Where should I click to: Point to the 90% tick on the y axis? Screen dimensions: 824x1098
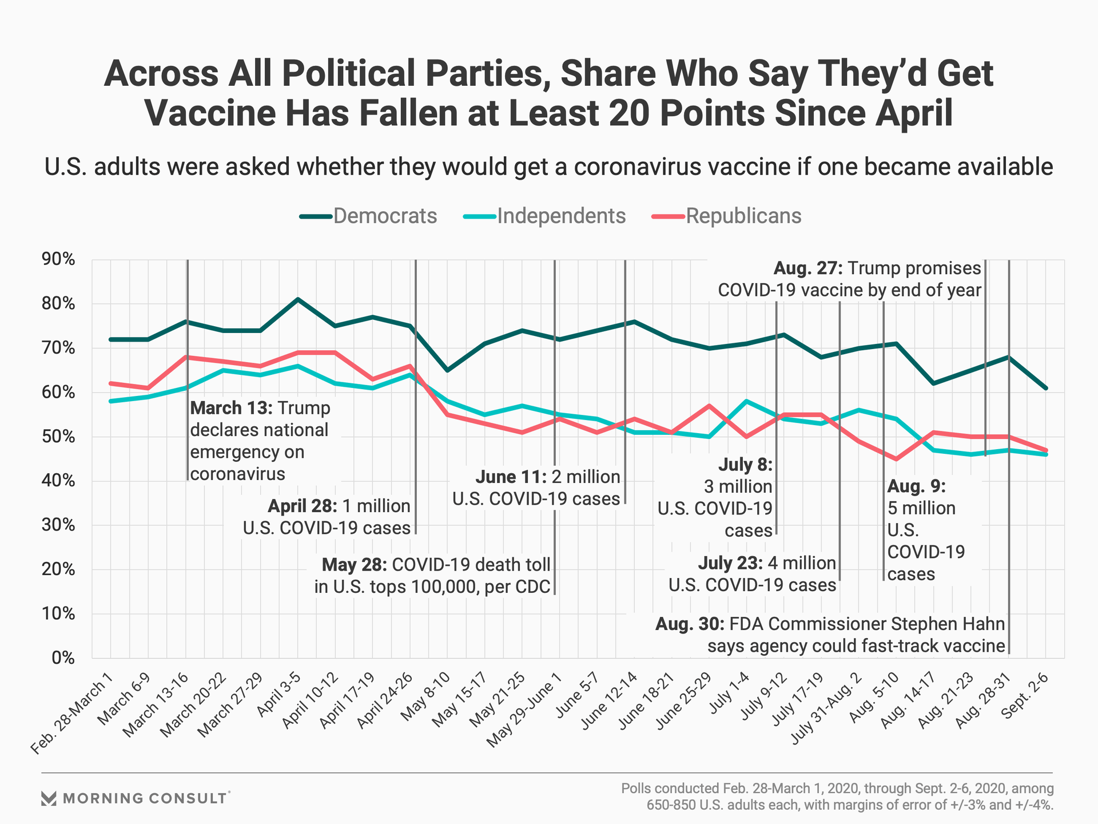tap(58, 260)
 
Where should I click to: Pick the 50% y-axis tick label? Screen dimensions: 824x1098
tap(58, 437)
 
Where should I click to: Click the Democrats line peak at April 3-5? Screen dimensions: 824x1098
tap(298, 299)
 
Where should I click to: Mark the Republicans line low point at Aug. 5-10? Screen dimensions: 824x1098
tap(896, 459)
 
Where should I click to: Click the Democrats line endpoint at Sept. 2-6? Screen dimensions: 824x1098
tap(1046, 388)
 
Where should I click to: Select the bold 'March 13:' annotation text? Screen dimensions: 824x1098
tap(232, 408)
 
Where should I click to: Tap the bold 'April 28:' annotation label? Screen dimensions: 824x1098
tap(303, 506)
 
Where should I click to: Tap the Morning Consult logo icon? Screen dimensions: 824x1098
tap(49, 798)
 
